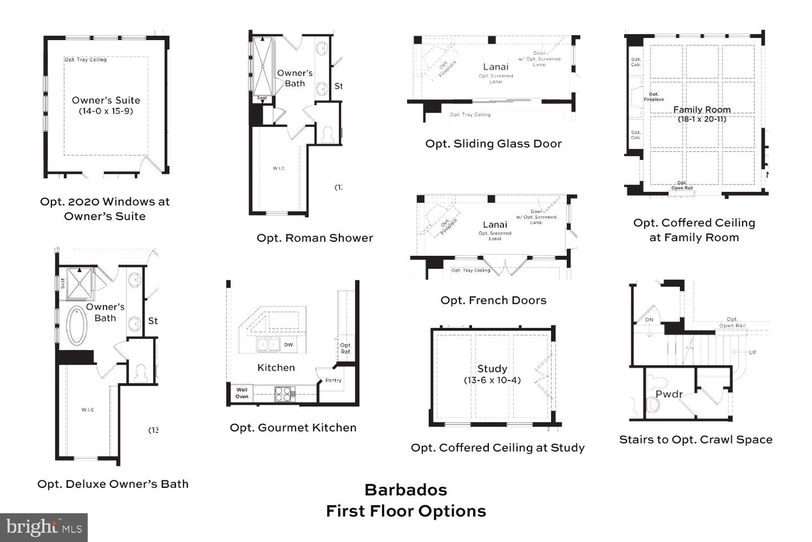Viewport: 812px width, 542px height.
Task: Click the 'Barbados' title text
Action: [x=405, y=489]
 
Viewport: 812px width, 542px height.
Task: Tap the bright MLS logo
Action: [x=44, y=527]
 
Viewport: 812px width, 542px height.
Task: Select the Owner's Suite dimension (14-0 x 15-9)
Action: [x=106, y=111]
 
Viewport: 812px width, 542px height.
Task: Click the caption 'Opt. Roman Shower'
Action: [x=315, y=238]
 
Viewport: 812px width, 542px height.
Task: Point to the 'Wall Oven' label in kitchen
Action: [x=242, y=393]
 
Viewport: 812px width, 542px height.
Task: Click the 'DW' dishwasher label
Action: [x=288, y=344]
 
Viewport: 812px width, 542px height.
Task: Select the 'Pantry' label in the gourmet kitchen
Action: [x=333, y=380]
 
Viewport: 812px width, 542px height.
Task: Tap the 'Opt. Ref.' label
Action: [x=346, y=348]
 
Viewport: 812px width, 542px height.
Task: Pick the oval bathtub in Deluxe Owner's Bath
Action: [x=77, y=325]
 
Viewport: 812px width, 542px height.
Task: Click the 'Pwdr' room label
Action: [x=669, y=394]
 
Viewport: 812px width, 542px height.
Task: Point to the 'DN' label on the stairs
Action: [x=649, y=320]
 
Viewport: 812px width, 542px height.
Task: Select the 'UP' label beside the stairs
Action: [x=752, y=352]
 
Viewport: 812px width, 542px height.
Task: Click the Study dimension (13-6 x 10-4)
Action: [x=492, y=380]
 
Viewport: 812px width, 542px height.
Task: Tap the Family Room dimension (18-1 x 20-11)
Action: [x=702, y=119]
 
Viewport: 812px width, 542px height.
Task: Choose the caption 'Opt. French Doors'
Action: [x=493, y=300]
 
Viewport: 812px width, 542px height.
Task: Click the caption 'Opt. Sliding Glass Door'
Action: [x=493, y=143]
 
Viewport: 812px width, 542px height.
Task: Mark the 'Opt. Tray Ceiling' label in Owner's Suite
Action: [x=85, y=59]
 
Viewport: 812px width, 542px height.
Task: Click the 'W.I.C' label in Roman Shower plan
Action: [x=279, y=168]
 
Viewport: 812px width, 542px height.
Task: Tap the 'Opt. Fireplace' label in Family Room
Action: [x=654, y=97]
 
